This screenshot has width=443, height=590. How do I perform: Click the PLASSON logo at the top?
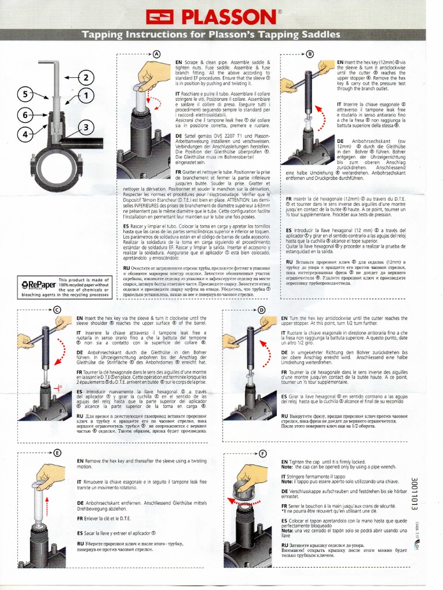pos(221,16)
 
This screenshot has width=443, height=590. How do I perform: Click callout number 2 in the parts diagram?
pos(87,78)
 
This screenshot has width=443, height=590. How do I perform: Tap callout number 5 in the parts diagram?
pos(25,94)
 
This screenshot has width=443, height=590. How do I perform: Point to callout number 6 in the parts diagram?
pos(25,115)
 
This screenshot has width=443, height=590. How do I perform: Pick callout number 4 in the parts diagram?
pos(25,135)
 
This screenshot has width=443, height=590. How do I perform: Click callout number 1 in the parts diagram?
pos(86,96)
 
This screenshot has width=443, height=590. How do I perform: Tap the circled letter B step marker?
pos(310,54)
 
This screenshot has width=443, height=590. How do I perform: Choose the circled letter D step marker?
pos(262,310)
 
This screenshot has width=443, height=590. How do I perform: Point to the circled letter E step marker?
pos(57,453)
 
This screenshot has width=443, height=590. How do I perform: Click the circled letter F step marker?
pos(263,453)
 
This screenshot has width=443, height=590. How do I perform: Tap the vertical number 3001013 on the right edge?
pos(414,493)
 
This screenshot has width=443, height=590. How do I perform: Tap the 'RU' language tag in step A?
pos(126,268)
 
